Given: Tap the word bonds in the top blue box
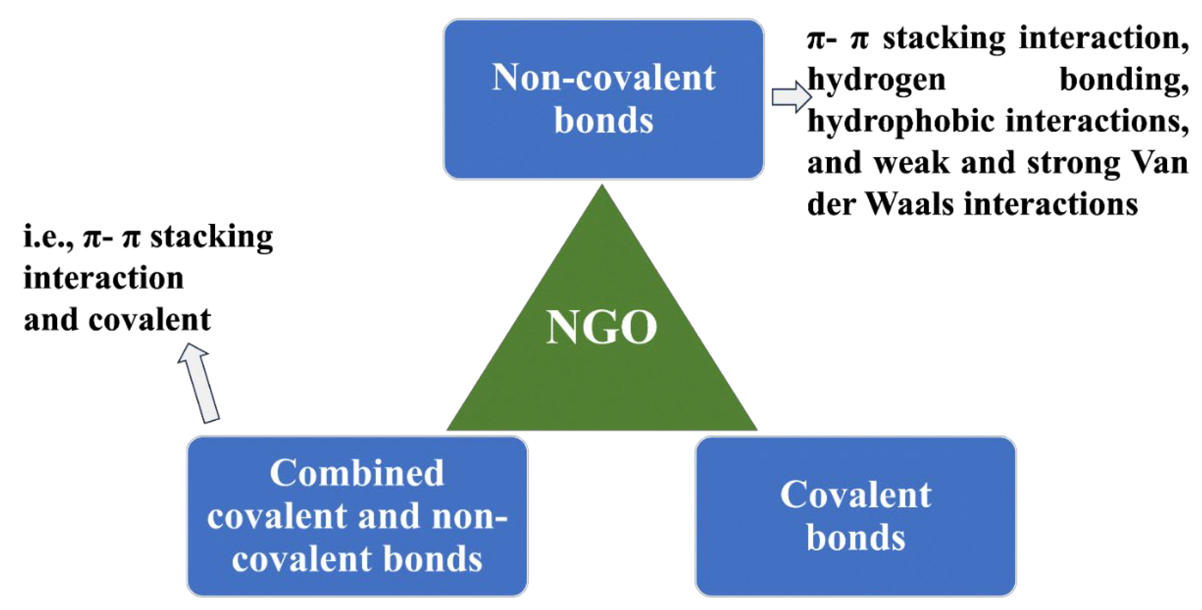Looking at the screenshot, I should (603, 121).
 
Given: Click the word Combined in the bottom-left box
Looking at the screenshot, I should (357, 473).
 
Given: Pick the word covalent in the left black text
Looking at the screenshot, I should (149, 320).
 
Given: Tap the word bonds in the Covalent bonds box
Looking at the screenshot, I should (855, 537).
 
